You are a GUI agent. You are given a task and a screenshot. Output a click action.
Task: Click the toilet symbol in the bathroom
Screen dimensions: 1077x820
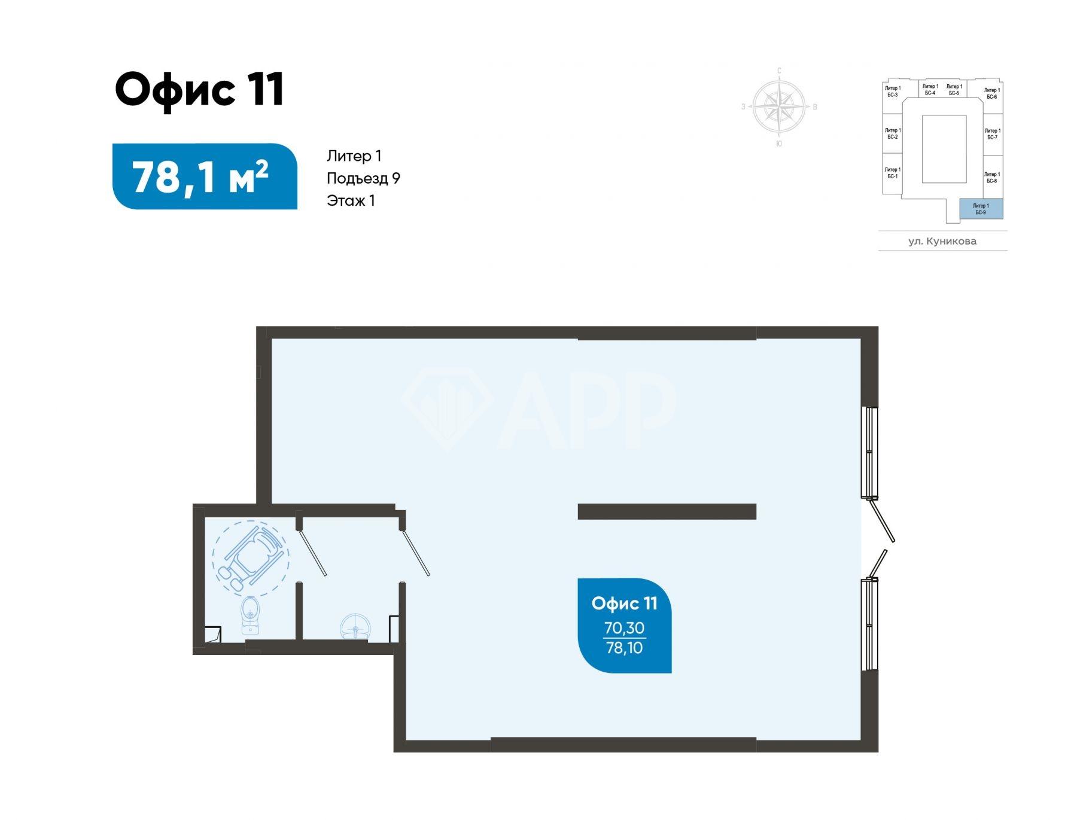[250, 615]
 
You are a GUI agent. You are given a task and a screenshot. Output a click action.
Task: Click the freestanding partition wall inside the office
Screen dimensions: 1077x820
[667, 511]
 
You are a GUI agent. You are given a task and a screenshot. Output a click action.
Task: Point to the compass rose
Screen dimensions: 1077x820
[778, 106]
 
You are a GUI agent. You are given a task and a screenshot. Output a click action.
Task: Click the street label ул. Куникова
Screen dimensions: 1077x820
[942, 241]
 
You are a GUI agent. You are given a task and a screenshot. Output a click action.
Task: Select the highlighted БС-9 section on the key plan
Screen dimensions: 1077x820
[981, 209]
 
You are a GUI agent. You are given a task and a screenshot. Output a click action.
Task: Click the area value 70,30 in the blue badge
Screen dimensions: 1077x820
[624, 628]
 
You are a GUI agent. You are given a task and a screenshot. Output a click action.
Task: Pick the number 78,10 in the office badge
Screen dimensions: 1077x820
[624, 648]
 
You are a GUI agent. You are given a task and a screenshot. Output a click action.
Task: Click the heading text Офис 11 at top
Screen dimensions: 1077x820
[199, 90]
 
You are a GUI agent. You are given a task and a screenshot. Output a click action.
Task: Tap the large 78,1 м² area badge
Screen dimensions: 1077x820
[205, 176]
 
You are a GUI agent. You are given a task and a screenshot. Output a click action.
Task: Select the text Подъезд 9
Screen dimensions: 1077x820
[363, 178]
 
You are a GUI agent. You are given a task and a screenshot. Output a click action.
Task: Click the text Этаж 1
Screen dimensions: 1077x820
[351, 200]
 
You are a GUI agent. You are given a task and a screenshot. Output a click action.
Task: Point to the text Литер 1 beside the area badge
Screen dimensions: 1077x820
[354, 156]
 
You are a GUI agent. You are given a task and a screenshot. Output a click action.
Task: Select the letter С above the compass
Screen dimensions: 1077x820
[779, 71]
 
